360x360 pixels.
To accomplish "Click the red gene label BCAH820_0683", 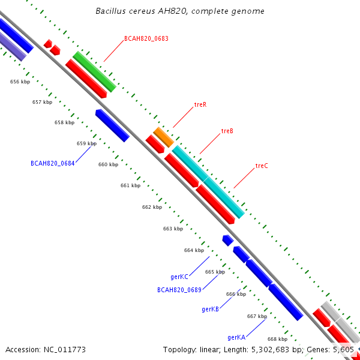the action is (146, 38).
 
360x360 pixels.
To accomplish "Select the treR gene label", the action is (200, 104).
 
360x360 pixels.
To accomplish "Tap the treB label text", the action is (227, 131).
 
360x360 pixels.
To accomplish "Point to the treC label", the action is (262, 166).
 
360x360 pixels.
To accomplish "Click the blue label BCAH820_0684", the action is (53, 163).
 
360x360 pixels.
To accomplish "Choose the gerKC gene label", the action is (179, 277).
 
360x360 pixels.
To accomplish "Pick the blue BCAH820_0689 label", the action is (179, 290).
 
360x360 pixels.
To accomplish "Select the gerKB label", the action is (211, 309).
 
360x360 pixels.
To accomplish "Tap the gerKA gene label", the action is (236, 337).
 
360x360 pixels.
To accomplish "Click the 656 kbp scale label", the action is (20, 82).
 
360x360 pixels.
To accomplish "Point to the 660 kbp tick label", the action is (108, 164).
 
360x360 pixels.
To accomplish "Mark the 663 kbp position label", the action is (173, 229).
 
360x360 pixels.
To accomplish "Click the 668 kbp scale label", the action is (277, 339).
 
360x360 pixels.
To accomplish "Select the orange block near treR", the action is (163, 137).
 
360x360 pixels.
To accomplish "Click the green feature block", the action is (94, 71).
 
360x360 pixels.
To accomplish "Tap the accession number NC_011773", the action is (65, 350).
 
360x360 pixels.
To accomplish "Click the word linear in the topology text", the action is (209, 350).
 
